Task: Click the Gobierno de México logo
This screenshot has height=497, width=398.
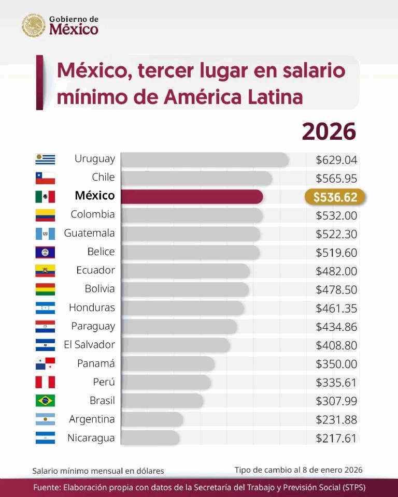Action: click(x=60, y=25)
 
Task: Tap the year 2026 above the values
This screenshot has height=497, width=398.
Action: click(x=329, y=131)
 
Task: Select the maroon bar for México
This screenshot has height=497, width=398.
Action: click(x=192, y=197)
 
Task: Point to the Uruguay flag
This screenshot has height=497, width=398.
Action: click(x=45, y=159)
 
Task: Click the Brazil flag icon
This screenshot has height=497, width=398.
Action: click(x=45, y=401)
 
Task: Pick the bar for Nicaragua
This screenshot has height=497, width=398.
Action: click(x=150, y=438)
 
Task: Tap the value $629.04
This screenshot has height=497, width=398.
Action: click(x=336, y=160)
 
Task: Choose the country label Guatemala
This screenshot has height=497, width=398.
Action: click(x=89, y=233)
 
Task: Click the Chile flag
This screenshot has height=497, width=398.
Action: click(x=45, y=178)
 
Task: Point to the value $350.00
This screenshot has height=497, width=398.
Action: click(x=336, y=364)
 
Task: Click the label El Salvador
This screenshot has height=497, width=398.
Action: click(x=89, y=345)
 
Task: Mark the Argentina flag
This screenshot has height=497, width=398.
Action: click(x=45, y=419)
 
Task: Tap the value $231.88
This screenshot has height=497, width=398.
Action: click(x=336, y=420)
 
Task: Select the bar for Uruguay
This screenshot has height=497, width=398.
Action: click(x=205, y=159)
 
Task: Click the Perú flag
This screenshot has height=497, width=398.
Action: click(x=45, y=382)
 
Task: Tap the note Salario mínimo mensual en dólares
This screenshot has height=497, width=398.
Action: click(x=98, y=471)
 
